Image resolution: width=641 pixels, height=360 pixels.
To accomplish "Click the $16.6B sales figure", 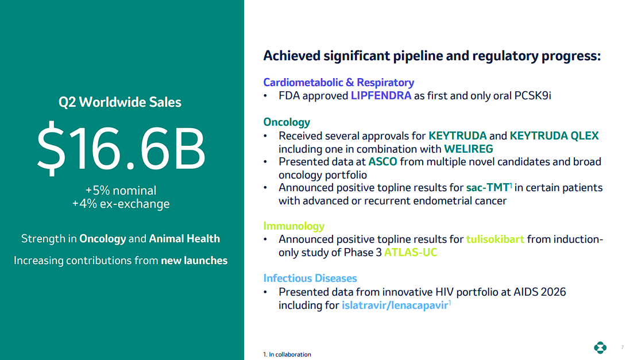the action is [x=121, y=148].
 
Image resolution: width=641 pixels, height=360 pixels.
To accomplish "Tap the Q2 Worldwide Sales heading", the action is [x=120, y=102].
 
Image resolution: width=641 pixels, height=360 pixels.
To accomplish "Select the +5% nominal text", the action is [x=121, y=191].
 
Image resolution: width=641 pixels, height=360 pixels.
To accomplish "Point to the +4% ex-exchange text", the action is [x=121, y=203].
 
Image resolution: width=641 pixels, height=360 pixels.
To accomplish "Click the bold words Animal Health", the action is [x=184, y=239].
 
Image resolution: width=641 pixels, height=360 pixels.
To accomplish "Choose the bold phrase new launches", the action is [x=194, y=260].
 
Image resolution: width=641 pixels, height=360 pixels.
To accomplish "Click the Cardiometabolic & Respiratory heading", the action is [x=338, y=83].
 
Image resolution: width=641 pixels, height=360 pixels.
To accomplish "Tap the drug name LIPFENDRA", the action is [x=381, y=96].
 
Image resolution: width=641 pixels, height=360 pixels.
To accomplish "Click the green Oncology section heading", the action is [x=287, y=122].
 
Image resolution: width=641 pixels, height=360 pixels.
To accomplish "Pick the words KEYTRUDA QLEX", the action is [x=554, y=136].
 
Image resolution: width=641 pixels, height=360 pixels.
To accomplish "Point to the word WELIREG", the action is [x=469, y=149].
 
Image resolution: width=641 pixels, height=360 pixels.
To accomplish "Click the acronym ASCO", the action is [x=383, y=162].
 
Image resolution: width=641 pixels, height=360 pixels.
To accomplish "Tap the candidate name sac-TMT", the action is [x=488, y=188].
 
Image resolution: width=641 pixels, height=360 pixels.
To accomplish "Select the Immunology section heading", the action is [x=294, y=226].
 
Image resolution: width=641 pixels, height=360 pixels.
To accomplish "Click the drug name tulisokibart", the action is [x=495, y=239].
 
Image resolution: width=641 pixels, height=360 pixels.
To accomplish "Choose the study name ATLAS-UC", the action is [x=411, y=253].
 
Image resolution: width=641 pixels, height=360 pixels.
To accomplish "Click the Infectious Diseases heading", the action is [x=310, y=278].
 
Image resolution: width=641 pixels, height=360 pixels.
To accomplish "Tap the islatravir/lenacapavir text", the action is [x=395, y=305].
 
